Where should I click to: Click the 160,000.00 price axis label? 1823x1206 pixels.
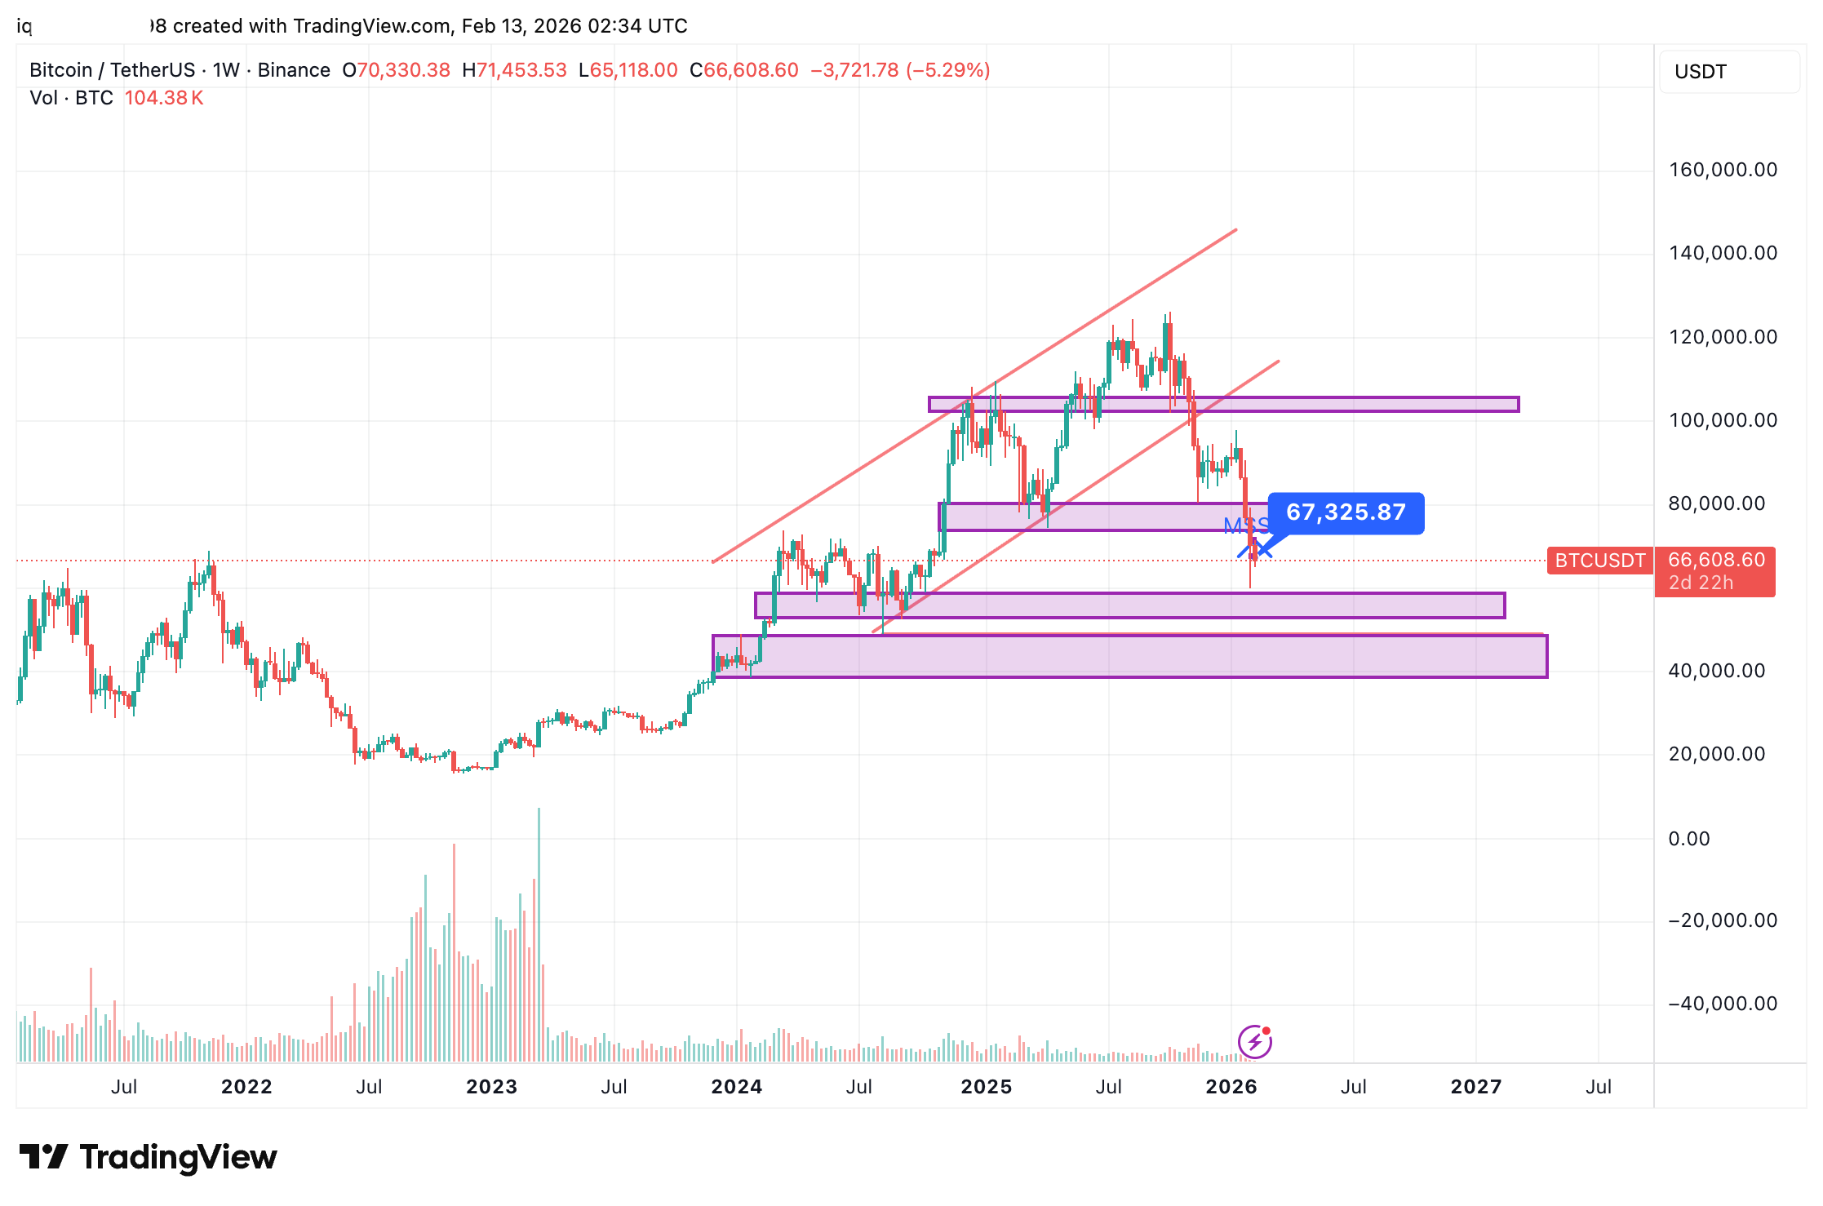(1723, 170)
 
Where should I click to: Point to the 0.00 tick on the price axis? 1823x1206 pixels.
(1688, 839)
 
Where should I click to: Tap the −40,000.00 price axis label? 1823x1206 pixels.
(1723, 1004)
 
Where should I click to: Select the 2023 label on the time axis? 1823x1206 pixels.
(491, 1087)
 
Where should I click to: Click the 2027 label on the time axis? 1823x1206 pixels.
(1475, 1087)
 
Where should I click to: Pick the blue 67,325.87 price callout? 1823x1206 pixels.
(1346, 512)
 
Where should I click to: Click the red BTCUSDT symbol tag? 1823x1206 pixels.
(1599, 561)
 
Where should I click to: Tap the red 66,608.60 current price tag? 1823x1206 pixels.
(1715, 561)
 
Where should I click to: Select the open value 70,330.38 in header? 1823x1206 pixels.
(403, 70)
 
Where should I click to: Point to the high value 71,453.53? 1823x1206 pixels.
(521, 70)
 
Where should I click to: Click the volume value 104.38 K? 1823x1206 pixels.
(163, 98)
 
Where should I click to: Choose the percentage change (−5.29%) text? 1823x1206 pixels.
(947, 70)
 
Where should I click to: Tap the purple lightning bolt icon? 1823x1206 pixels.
(1254, 1042)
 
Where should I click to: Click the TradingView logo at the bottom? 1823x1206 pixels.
(149, 1157)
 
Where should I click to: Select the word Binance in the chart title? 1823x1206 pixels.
(294, 70)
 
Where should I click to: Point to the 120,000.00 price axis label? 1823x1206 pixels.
(1723, 337)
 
